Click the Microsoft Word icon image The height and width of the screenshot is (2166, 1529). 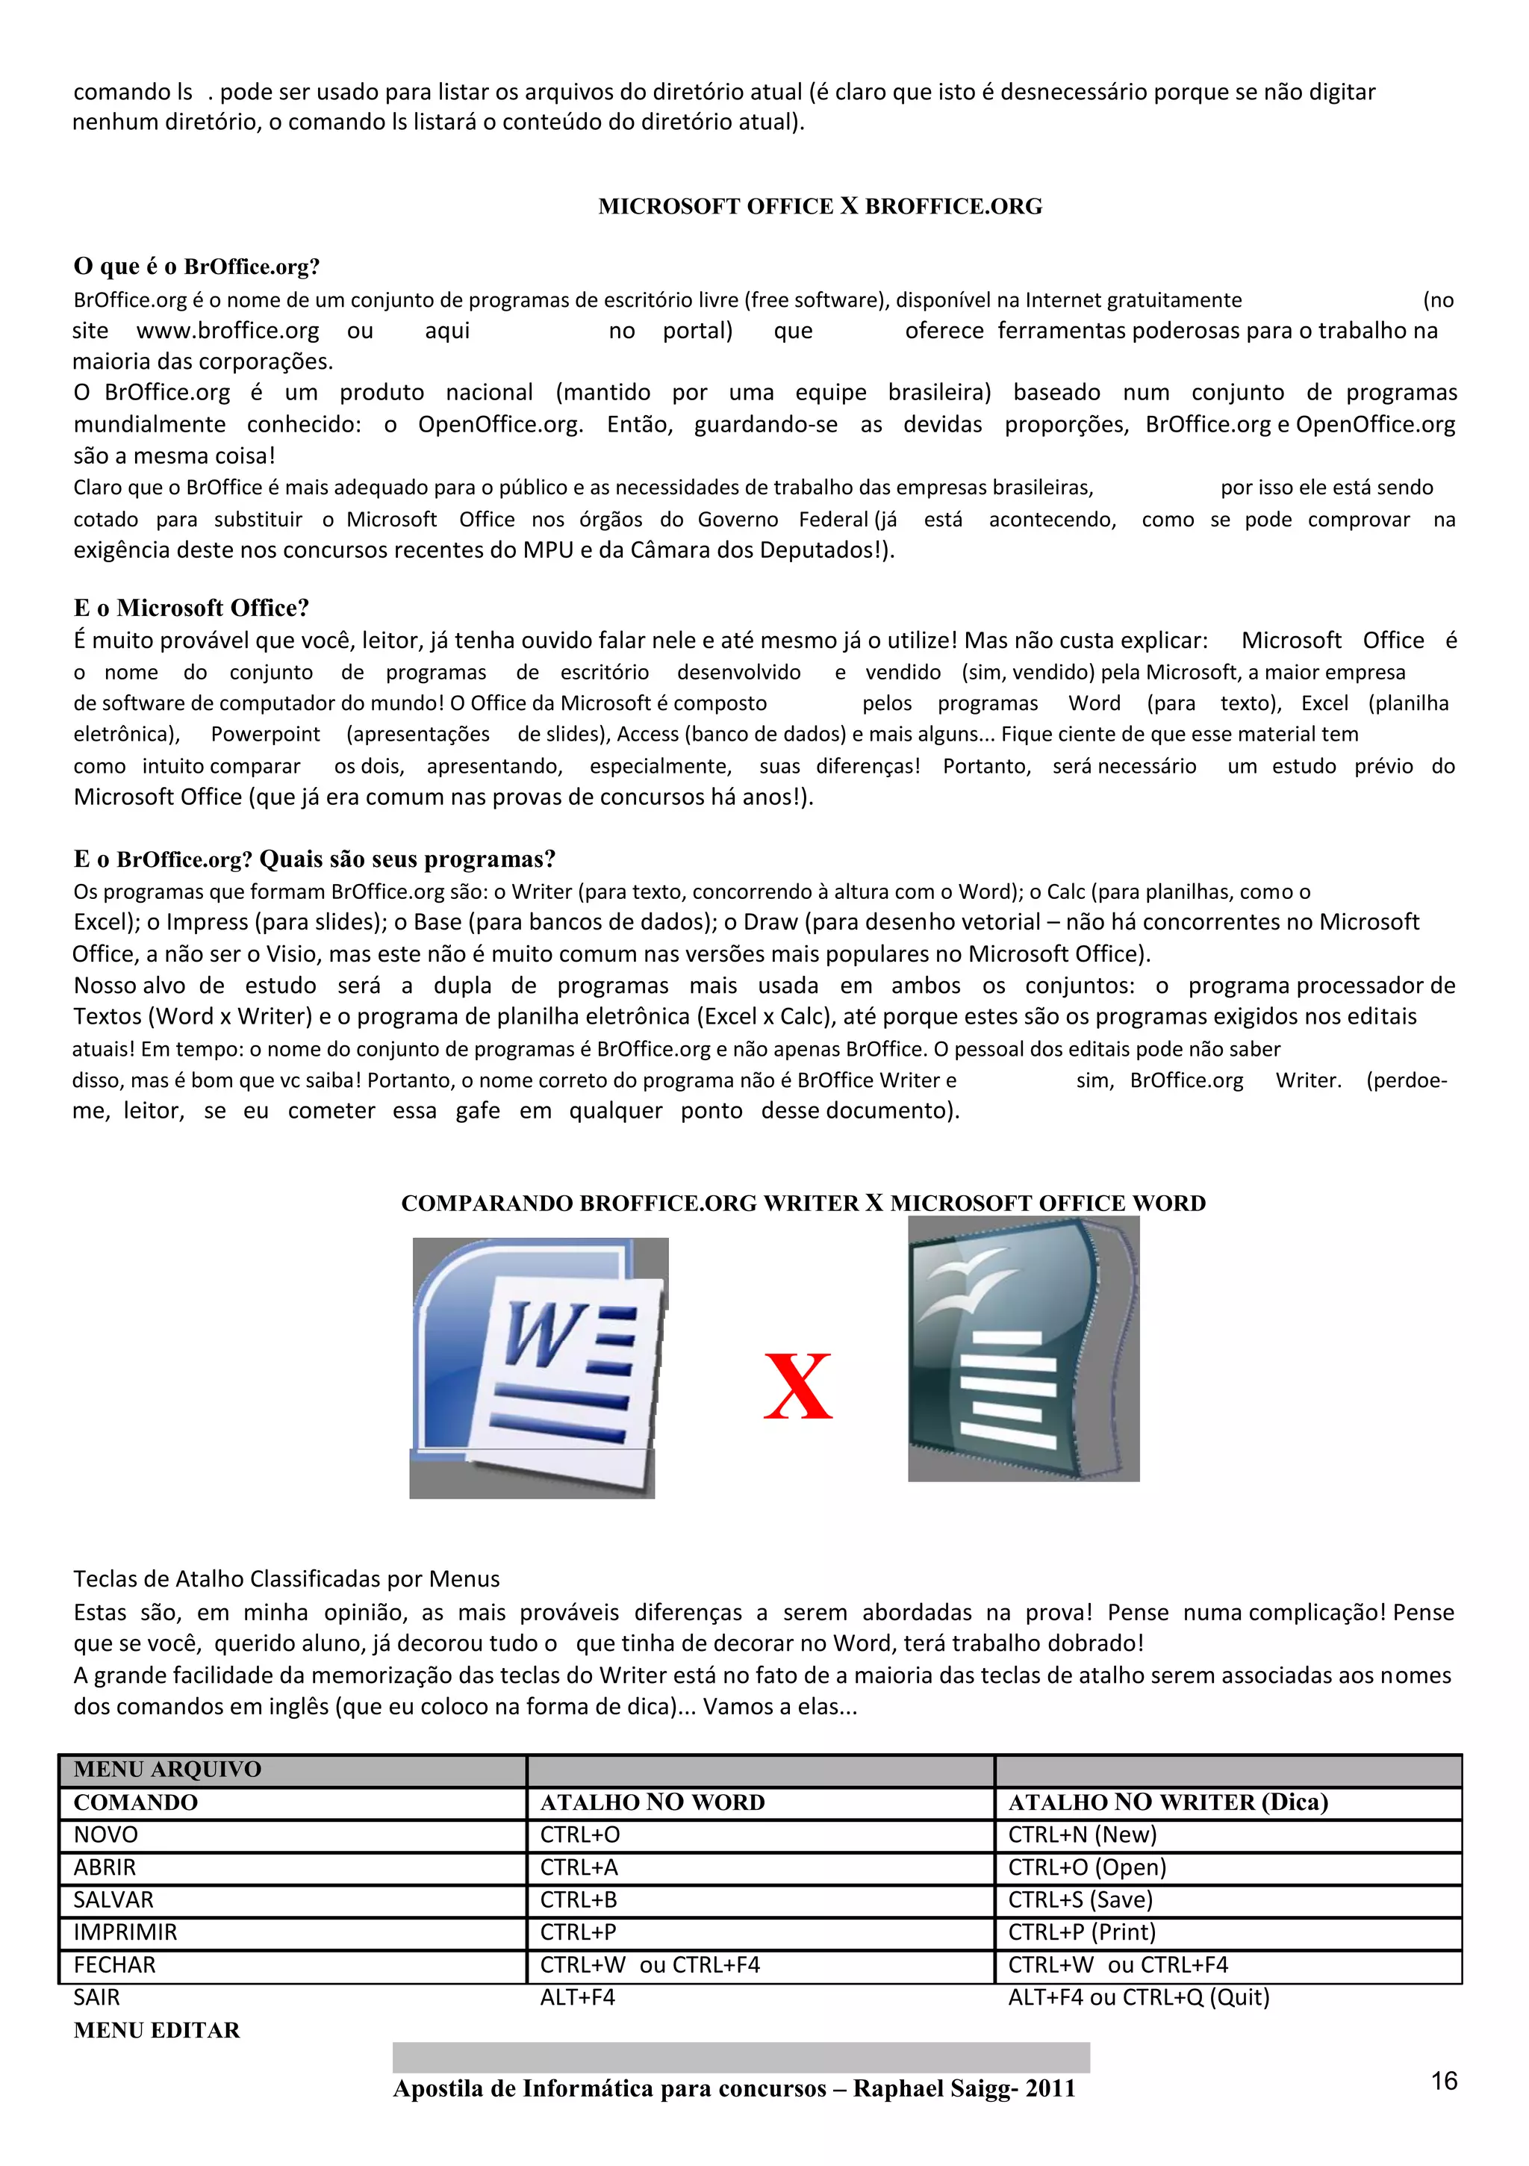538,1367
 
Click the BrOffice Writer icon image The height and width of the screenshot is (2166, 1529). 1024,1348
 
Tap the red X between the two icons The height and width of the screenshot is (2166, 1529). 798,1386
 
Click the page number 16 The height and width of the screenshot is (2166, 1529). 1443,2080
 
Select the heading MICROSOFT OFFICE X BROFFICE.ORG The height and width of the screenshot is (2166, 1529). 820,207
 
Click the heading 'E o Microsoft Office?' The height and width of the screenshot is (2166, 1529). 191,608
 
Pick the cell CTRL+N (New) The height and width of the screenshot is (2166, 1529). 1082,1834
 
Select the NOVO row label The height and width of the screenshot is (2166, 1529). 106,1834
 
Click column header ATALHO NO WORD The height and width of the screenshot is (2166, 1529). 652,1802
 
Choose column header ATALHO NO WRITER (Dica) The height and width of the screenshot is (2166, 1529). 1168,1802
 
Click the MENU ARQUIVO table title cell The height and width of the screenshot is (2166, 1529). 168,1769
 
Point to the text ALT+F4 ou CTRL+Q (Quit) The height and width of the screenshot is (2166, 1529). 1139,1997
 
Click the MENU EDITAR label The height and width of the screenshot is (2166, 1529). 157,2030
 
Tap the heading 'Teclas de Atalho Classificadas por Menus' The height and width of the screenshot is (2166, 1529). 287,1578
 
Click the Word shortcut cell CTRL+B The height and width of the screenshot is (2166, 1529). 578,1899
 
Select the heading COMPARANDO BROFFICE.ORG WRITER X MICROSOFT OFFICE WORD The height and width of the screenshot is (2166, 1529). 803,1203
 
